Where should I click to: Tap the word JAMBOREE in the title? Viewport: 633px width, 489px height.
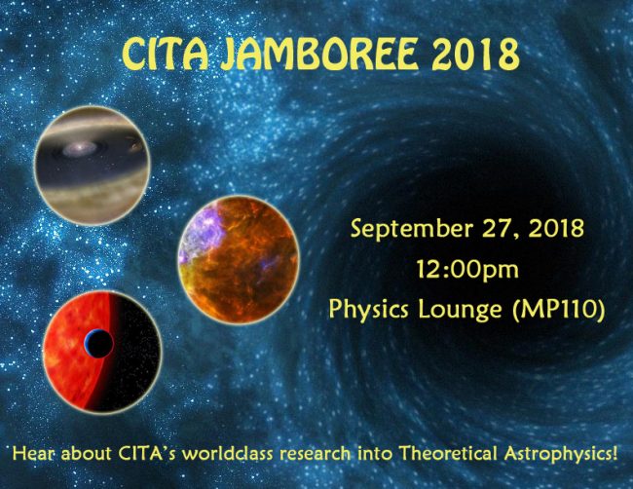click(318, 55)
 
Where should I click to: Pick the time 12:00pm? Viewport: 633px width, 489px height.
click(467, 269)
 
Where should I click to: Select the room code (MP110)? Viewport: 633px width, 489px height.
click(559, 310)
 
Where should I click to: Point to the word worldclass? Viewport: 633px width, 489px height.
click(229, 454)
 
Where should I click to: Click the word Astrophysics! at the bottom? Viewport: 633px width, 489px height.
click(561, 454)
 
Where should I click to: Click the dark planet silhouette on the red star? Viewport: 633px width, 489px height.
click(98, 343)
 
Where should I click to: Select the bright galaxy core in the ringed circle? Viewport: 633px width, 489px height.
click(80, 150)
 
